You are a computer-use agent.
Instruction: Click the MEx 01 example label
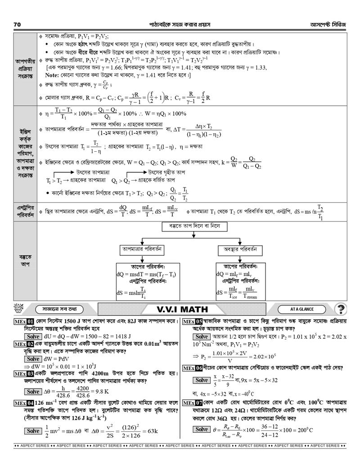pos(24,322)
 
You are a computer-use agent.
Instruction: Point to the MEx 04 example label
pos(24,403)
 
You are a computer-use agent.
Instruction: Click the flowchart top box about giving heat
pos(193,226)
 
